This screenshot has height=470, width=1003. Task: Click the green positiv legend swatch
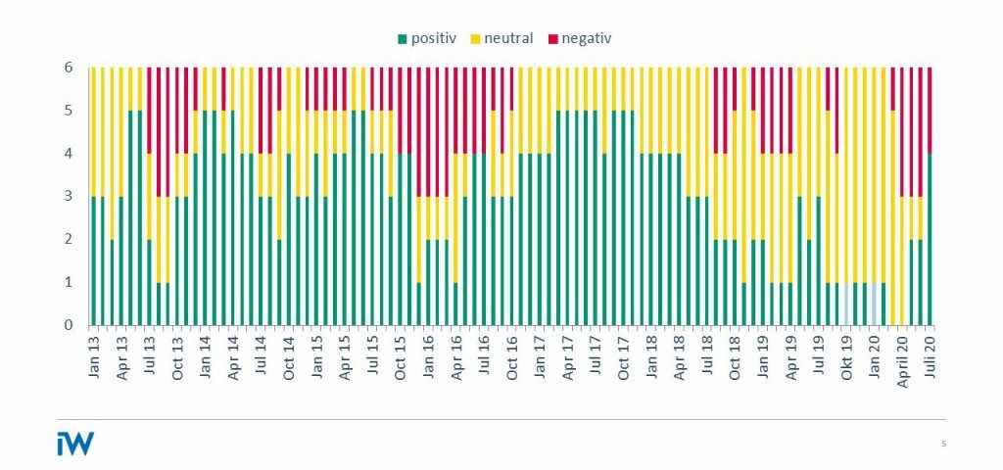coord(402,39)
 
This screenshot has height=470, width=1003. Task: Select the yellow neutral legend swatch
coord(476,39)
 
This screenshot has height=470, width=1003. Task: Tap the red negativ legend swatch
coord(552,39)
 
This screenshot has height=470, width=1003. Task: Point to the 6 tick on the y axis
coord(69,68)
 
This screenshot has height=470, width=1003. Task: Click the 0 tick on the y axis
coord(69,325)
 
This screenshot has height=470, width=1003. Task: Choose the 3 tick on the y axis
coord(69,197)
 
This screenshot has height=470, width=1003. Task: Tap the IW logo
coord(75,444)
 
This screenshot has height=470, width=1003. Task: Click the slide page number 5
coord(943,445)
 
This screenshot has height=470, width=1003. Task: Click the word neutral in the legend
coord(509,39)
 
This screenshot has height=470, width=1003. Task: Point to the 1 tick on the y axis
coord(69,282)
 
